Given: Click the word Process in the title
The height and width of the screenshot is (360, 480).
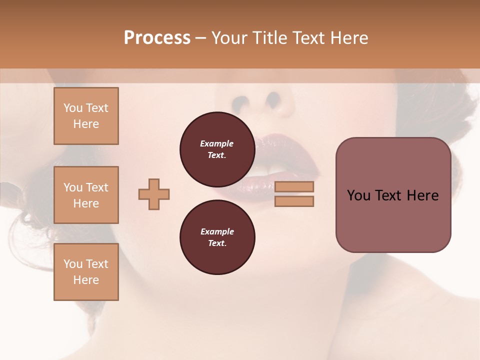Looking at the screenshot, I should pos(157,37).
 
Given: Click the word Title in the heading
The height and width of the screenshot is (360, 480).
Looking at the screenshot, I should pos(270,37).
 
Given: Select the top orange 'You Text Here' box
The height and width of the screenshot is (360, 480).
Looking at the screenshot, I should pos(86,116).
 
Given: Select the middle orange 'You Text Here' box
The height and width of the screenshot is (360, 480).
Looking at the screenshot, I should pos(86,195).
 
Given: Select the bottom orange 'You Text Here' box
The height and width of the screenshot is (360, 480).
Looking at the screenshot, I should pos(86,271).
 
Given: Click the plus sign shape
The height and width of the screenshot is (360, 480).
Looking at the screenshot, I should pos(154,194).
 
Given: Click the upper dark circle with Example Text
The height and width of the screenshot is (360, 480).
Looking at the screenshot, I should pos(217,149).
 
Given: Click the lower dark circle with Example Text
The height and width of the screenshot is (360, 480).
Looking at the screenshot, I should pos(217,237).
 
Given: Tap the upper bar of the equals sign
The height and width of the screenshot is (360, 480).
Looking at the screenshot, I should pos(294,186).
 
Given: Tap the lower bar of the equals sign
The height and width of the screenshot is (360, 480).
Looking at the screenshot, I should pos(294,201).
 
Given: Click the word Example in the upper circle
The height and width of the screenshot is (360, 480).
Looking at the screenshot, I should pos(217,143).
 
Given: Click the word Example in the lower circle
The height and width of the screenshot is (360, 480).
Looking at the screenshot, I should pos(217,231).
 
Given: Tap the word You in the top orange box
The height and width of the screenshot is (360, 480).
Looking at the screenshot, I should pos(73,108).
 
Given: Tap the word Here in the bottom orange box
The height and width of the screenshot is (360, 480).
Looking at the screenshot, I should pos(86,280).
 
